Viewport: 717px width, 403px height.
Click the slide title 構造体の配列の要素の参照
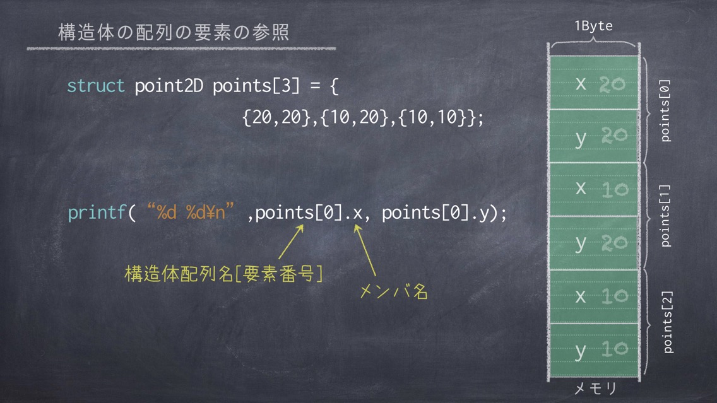point(174,32)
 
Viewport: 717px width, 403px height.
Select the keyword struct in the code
point(95,85)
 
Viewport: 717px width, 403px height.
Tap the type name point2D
point(169,86)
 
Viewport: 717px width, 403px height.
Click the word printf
point(97,213)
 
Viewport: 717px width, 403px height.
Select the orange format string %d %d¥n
point(191,212)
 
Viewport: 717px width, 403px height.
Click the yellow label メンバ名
point(394,291)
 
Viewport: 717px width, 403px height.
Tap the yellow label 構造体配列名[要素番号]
point(223,274)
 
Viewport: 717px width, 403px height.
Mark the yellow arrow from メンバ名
point(365,250)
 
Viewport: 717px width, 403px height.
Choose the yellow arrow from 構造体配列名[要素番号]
point(291,242)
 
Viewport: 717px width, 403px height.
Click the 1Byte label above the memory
point(593,26)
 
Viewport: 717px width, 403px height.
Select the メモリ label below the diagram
point(595,388)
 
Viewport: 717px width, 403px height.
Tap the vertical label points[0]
point(665,110)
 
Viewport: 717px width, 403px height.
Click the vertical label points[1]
point(665,216)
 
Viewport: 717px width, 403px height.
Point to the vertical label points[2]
point(667,322)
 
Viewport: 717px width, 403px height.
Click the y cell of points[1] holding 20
point(594,243)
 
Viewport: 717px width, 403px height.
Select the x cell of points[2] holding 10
point(594,296)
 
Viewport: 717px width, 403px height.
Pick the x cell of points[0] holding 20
point(594,82)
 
